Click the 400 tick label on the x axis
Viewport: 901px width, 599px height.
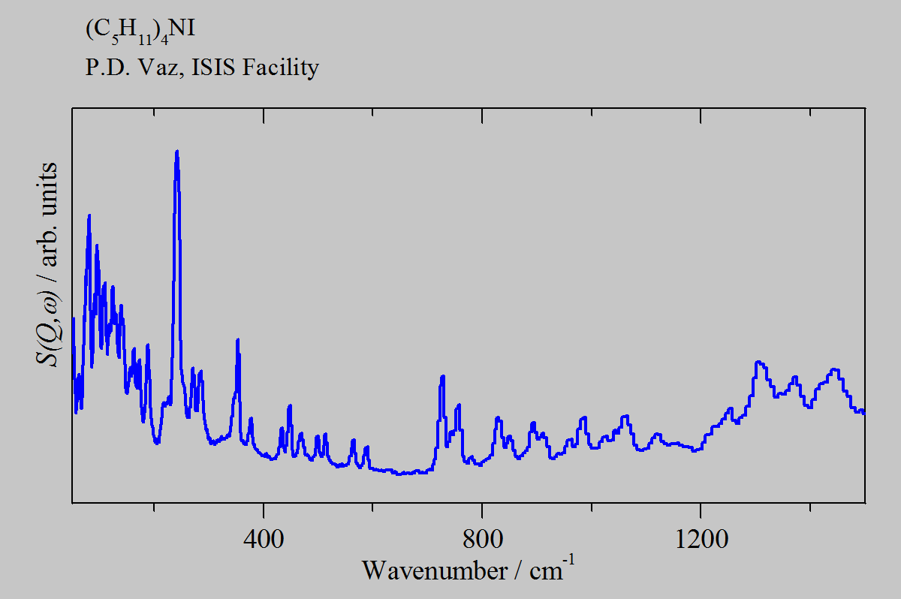coord(264,540)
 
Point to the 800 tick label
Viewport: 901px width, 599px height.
coord(482,540)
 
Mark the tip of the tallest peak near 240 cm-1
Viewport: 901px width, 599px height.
coord(176,152)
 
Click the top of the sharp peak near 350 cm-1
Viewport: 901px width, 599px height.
coord(238,340)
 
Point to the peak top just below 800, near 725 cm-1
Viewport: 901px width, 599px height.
coord(443,376)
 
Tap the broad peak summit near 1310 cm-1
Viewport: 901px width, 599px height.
coord(759,363)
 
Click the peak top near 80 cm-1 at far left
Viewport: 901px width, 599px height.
coord(89,215)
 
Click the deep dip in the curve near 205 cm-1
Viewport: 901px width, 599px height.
coord(157,443)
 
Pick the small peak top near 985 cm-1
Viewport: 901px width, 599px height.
coord(583,417)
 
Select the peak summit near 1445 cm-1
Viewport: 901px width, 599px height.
coord(834,369)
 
